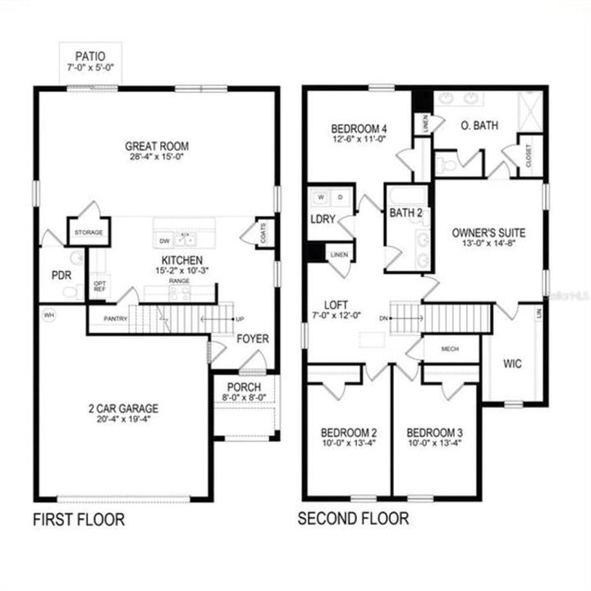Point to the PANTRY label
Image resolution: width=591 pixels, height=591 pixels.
(x=115, y=318)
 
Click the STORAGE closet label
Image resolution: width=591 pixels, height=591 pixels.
(x=88, y=233)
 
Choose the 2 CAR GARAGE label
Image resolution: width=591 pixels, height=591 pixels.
(x=125, y=408)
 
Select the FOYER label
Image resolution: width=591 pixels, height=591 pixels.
(x=253, y=338)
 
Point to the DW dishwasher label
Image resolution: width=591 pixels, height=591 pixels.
(x=164, y=241)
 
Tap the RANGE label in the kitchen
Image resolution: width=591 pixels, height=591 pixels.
(x=179, y=282)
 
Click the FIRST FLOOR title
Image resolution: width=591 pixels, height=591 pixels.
(x=79, y=519)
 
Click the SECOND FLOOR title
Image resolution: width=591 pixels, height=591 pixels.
(x=352, y=519)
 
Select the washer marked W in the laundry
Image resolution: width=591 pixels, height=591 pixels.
(x=321, y=198)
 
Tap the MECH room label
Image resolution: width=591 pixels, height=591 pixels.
(x=449, y=349)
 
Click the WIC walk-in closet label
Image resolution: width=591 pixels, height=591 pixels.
(x=512, y=363)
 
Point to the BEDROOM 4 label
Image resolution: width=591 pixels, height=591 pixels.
(x=359, y=129)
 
